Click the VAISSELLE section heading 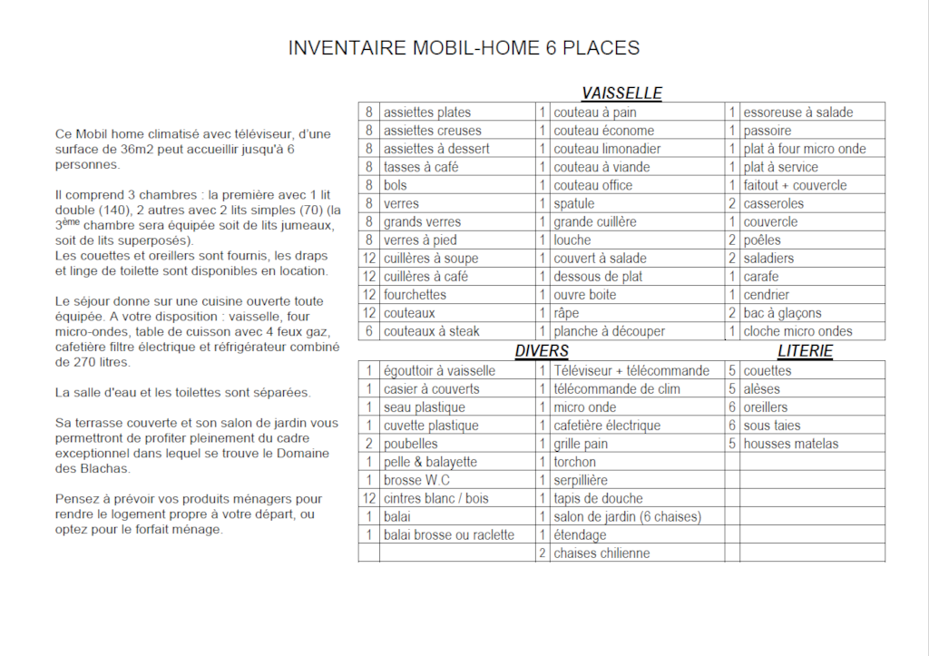[621, 93]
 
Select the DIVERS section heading [542, 351]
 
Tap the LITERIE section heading [805, 351]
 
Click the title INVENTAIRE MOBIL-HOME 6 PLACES [464, 48]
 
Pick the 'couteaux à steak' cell [432, 331]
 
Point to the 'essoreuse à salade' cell [798, 113]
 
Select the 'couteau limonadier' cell [607, 149]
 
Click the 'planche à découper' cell [609, 331]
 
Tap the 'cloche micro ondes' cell [798, 331]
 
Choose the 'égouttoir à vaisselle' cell [439, 370]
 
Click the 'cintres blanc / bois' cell [435, 498]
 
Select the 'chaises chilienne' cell [601, 553]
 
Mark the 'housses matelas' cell [790, 444]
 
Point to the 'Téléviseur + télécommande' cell [631, 370]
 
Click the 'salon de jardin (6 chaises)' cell [627, 516]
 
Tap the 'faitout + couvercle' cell [795, 185]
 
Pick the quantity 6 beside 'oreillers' [731, 407]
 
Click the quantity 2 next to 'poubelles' [368, 444]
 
